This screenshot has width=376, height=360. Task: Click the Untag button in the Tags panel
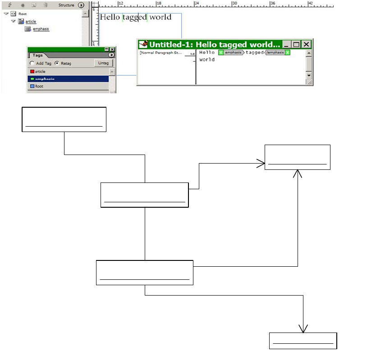click(x=104, y=63)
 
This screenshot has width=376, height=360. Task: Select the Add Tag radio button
click(x=32, y=64)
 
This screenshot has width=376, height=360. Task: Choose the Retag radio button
click(x=56, y=64)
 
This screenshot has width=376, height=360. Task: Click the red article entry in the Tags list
click(x=40, y=72)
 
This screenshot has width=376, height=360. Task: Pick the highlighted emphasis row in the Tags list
click(x=45, y=79)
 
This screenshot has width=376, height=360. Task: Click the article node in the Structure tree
click(x=31, y=21)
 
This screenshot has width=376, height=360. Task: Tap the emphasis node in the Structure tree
click(x=41, y=29)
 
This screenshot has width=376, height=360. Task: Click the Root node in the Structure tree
click(x=23, y=14)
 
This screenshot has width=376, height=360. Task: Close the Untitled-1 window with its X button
click(x=307, y=44)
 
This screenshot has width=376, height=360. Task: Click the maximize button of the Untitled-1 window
click(x=296, y=44)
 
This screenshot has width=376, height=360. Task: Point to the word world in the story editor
click(x=207, y=59)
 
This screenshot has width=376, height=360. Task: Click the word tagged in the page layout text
click(x=135, y=17)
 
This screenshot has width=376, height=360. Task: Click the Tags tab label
click(x=38, y=55)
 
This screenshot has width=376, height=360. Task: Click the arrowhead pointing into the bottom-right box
click(x=303, y=328)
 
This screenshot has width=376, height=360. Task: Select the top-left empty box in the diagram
click(x=64, y=119)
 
